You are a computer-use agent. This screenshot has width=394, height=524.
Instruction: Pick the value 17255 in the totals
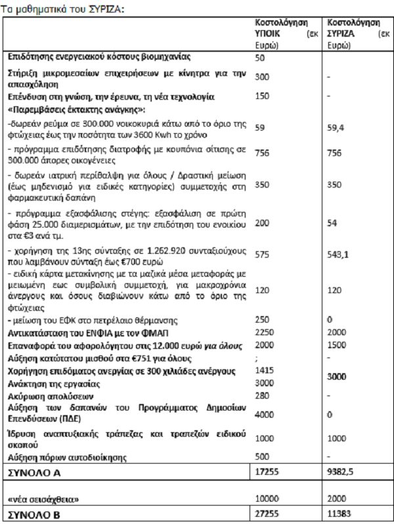pos(267,472)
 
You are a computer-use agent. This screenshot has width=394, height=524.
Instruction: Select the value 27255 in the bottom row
pos(267,514)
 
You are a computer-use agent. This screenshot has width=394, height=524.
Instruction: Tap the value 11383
pos(339,514)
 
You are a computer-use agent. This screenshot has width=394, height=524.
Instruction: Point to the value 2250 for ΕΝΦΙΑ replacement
pos(264,333)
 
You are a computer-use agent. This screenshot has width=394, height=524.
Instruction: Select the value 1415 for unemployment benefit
pos(264,371)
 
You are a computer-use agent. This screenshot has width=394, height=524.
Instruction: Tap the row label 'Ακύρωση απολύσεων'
pos(42,396)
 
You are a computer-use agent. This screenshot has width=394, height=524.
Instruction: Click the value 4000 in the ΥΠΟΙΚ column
pos(264,414)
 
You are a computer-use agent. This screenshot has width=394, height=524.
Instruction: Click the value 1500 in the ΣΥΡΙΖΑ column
pos(336,345)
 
